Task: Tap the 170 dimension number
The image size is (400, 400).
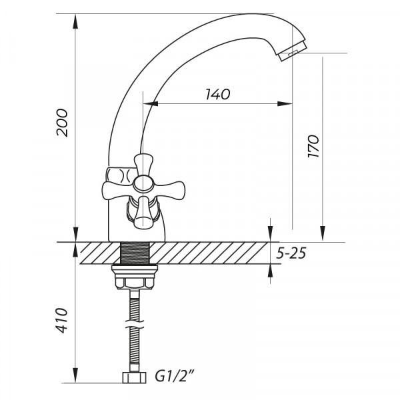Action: pos(314,145)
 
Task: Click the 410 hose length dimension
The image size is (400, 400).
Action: pos(62,320)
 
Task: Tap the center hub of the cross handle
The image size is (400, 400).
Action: pos(141,184)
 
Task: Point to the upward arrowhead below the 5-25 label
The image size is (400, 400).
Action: pos(270,272)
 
